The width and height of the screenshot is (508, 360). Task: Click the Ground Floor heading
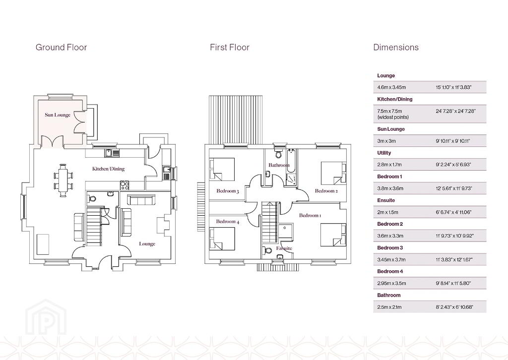(61, 47)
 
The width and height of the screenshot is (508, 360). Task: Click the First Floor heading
(230, 47)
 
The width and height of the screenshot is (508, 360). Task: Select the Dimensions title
(396, 47)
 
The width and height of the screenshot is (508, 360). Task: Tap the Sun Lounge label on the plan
(58, 115)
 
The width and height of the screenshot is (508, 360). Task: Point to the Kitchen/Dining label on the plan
(108, 169)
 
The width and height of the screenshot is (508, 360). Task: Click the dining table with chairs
(63, 180)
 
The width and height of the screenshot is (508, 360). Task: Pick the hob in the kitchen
(125, 185)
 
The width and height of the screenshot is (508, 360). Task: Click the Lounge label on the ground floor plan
(147, 244)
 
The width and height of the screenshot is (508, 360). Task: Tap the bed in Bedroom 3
(222, 169)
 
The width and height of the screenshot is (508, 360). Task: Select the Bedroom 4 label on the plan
(228, 222)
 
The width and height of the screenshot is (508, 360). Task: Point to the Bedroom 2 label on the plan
(326, 191)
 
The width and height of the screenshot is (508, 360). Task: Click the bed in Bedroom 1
(333, 235)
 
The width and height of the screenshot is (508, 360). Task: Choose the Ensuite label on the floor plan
(284, 248)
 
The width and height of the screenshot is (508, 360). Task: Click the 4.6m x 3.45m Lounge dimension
(391, 87)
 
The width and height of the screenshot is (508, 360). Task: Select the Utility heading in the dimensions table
(384, 153)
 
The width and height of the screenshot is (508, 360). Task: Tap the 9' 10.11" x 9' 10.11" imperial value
(452, 141)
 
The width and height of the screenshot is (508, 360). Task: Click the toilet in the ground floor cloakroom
(92, 198)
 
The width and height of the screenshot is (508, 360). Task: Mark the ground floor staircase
(94, 225)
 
